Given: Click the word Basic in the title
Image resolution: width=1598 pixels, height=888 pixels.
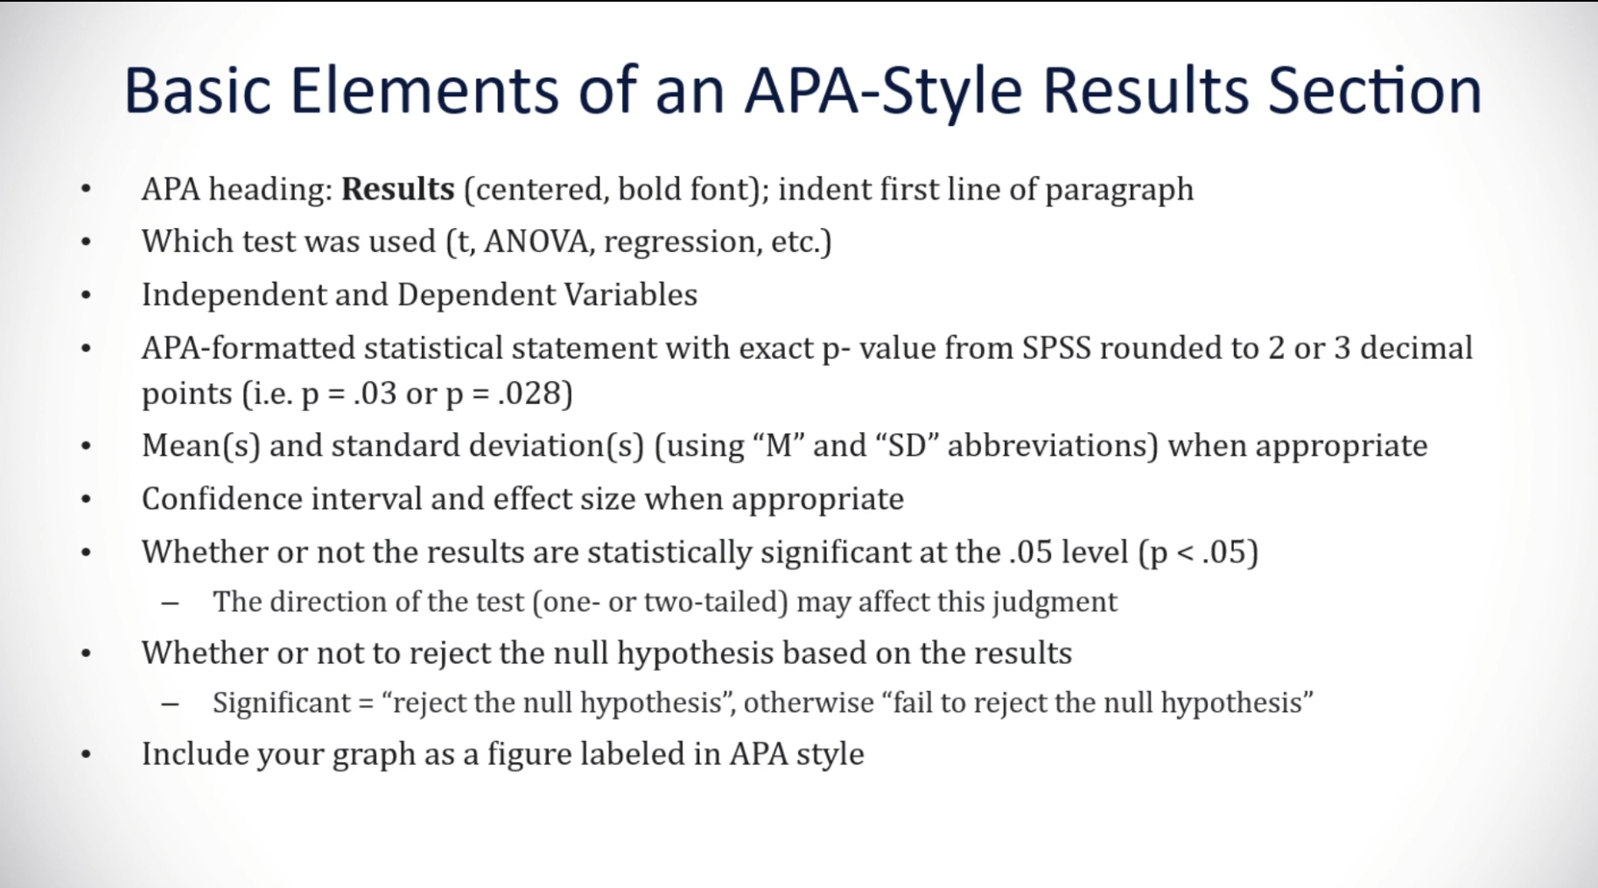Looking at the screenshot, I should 197,91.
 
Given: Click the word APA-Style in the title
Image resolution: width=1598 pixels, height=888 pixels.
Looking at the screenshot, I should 882,91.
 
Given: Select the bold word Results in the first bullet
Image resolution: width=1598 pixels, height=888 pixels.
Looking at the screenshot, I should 397,190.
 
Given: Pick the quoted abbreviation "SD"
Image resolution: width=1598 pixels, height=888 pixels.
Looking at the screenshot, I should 907,446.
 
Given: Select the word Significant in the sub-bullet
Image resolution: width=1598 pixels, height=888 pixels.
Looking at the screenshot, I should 281,703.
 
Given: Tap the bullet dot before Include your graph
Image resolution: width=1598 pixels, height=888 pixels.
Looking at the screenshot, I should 86,755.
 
